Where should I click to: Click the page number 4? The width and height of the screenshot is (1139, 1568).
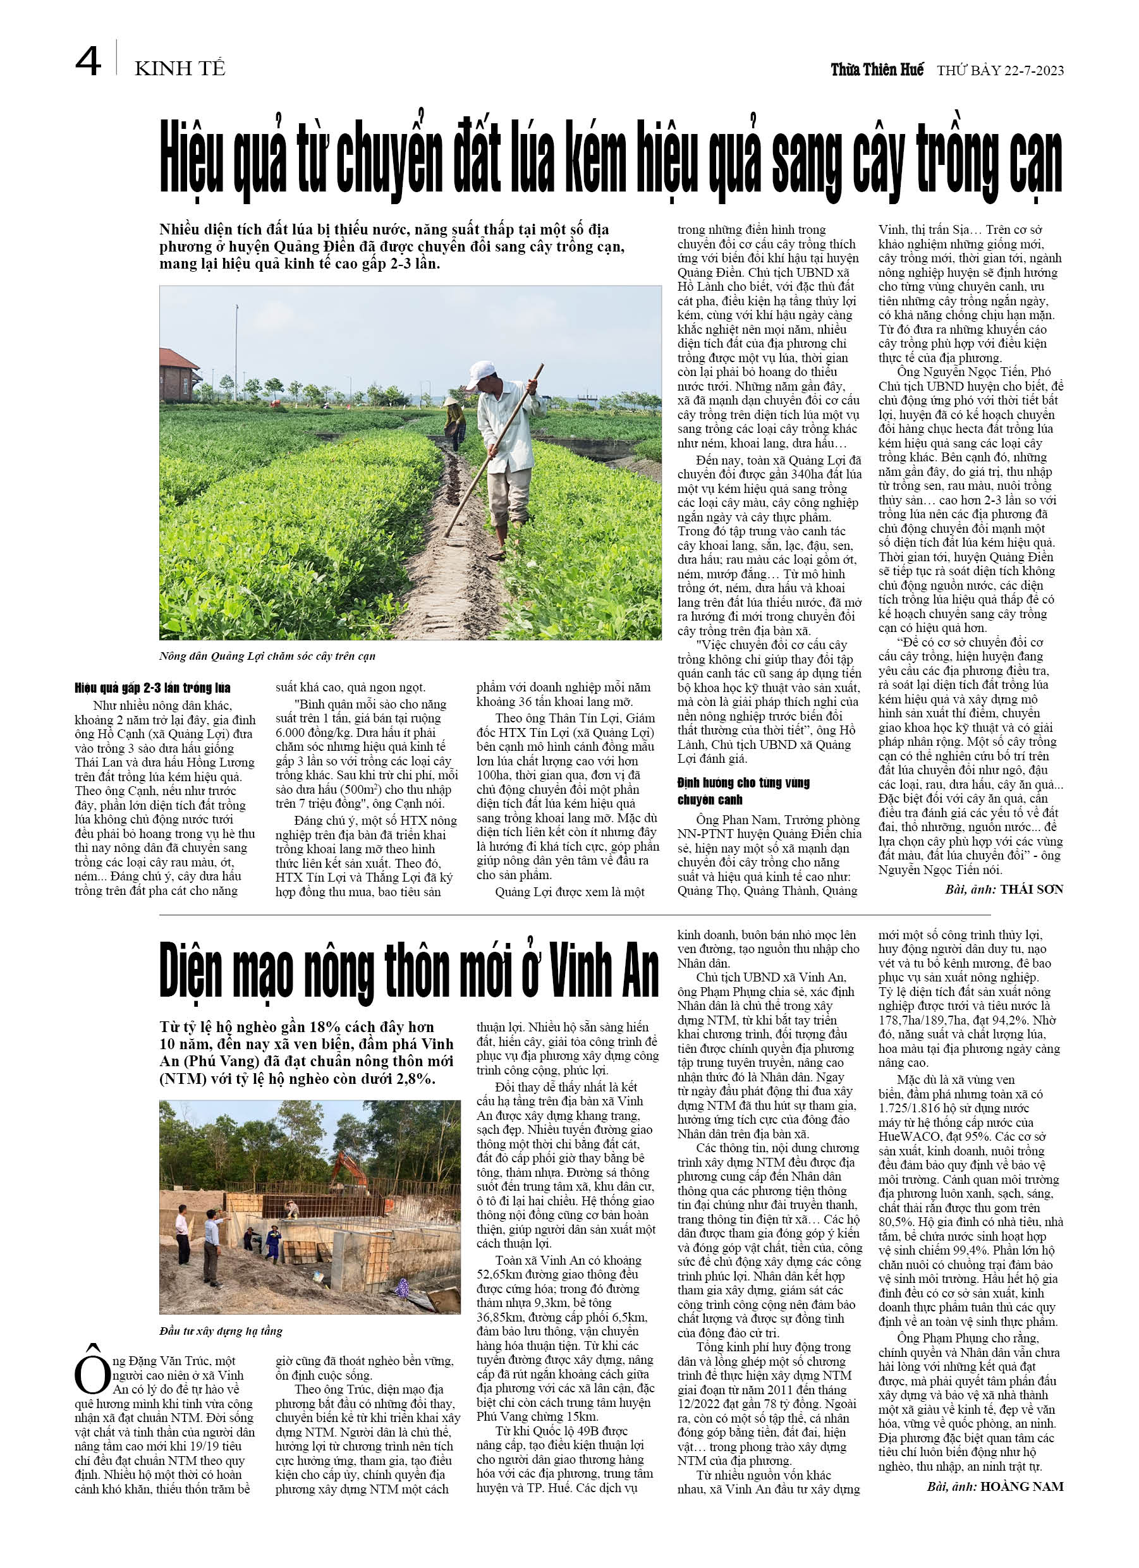88,62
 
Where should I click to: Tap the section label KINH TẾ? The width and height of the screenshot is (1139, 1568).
180,69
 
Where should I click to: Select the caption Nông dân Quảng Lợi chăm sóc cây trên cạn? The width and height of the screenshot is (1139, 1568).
267,656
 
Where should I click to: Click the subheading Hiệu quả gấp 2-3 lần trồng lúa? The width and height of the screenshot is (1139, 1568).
153,688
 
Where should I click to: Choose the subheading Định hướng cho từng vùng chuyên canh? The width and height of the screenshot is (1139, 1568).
743,791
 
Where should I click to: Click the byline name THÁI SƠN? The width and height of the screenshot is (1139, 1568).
1031,889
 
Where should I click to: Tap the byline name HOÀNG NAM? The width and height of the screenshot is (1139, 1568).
1021,1486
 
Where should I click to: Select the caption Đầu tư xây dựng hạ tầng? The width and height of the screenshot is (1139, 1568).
221,1331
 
